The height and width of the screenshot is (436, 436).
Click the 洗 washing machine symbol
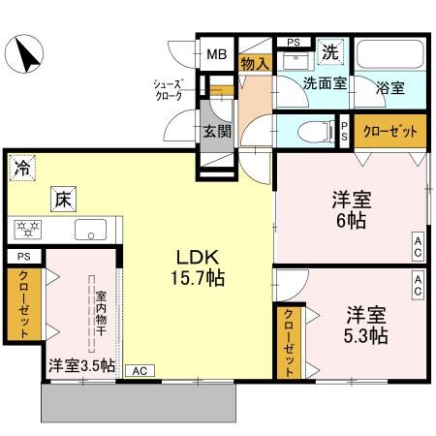[330, 50]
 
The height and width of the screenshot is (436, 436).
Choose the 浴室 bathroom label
[392, 86]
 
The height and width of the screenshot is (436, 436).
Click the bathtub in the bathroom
[389, 55]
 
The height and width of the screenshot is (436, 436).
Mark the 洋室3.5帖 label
[81, 365]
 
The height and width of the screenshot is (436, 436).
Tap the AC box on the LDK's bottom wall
[139, 370]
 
